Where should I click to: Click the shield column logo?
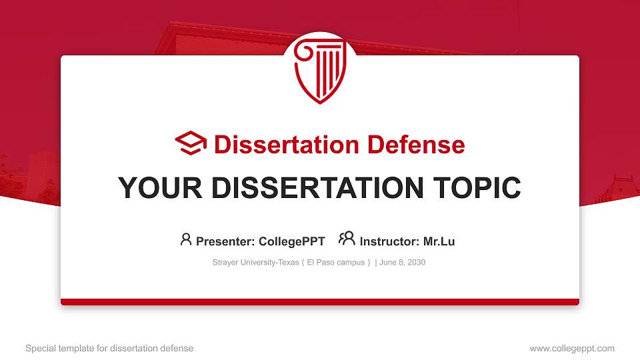pyautogui.click(x=320, y=70)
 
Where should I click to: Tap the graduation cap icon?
pyautogui.click(x=191, y=143)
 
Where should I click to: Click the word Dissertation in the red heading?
pyautogui.click(x=287, y=145)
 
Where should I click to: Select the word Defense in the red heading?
pyautogui.click(x=416, y=145)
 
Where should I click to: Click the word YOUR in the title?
pyautogui.click(x=160, y=188)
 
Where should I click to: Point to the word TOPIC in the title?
pyautogui.click(x=477, y=188)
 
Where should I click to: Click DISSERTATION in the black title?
pyautogui.click(x=317, y=188)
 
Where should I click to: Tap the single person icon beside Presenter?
pyautogui.click(x=186, y=239)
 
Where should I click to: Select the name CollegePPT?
pyautogui.click(x=292, y=241)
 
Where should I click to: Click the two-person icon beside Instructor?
pyautogui.click(x=347, y=239)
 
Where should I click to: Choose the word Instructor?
pyautogui.click(x=389, y=241)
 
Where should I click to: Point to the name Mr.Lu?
pyautogui.click(x=439, y=241)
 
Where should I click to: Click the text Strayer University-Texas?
pyautogui.click(x=255, y=263)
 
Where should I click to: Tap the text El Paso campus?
pyautogui.click(x=335, y=263)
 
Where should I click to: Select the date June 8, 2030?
pyautogui.click(x=402, y=263)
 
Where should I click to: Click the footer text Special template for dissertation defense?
pyautogui.click(x=109, y=349)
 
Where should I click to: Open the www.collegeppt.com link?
pyautogui.click(x=572, y=349)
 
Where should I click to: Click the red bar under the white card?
pyautogui.click(x=320, y=302)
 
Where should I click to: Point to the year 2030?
pyautogui.click(x=416, y=263)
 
